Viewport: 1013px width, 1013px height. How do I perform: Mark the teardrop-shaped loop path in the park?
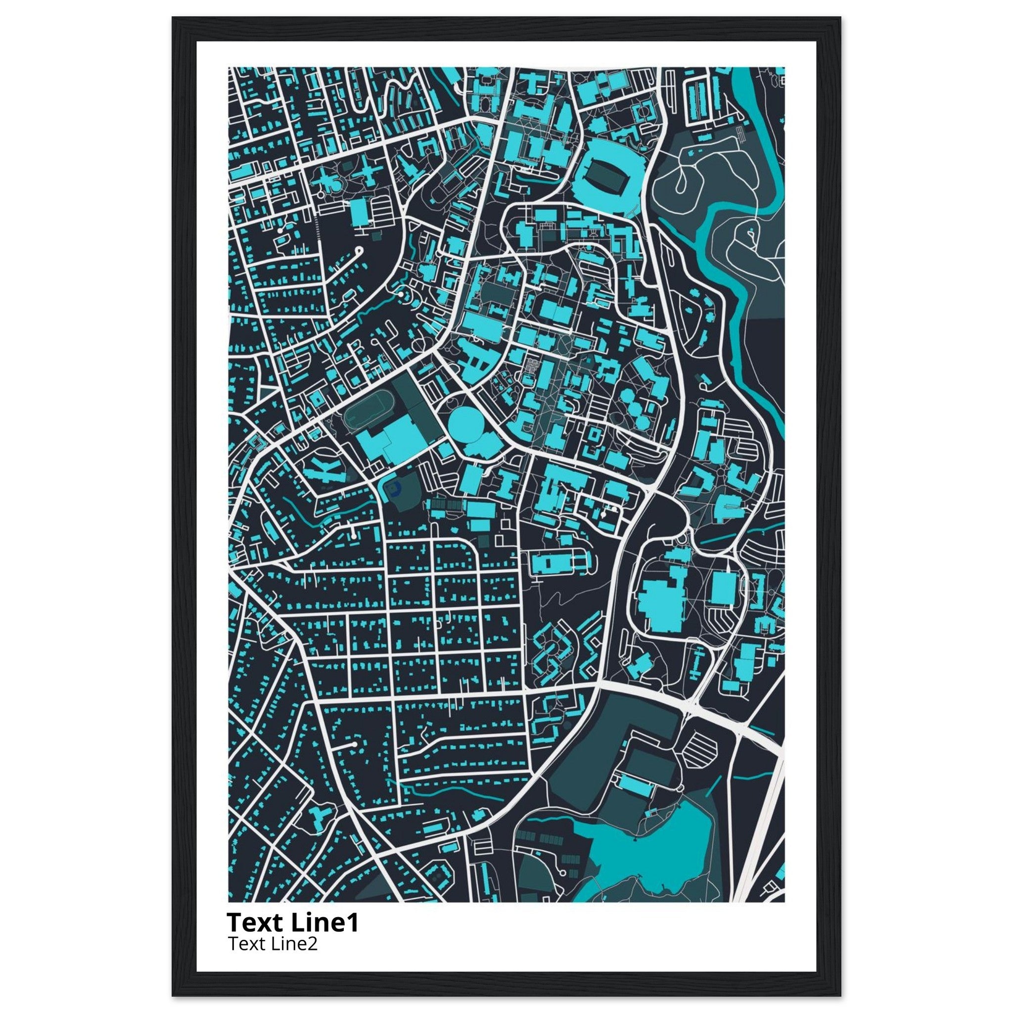[x=682, y=181]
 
